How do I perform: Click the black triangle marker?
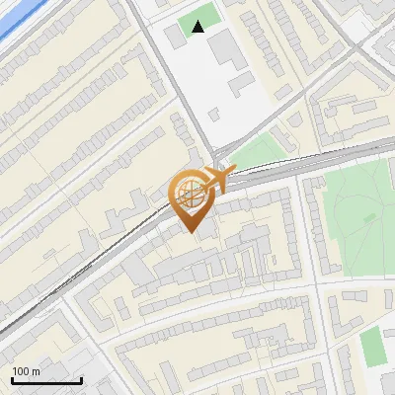point(198,27)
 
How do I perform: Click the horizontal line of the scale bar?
point(46,381)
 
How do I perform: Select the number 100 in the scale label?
point(22,371)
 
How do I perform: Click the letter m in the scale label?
point(36,371)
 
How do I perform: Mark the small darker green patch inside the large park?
point(369,216)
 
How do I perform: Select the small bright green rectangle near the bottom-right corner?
point(371,345)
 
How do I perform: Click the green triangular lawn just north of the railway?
point(259,151)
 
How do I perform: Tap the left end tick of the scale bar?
point(12,379)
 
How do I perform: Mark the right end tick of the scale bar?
point(81,379)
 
